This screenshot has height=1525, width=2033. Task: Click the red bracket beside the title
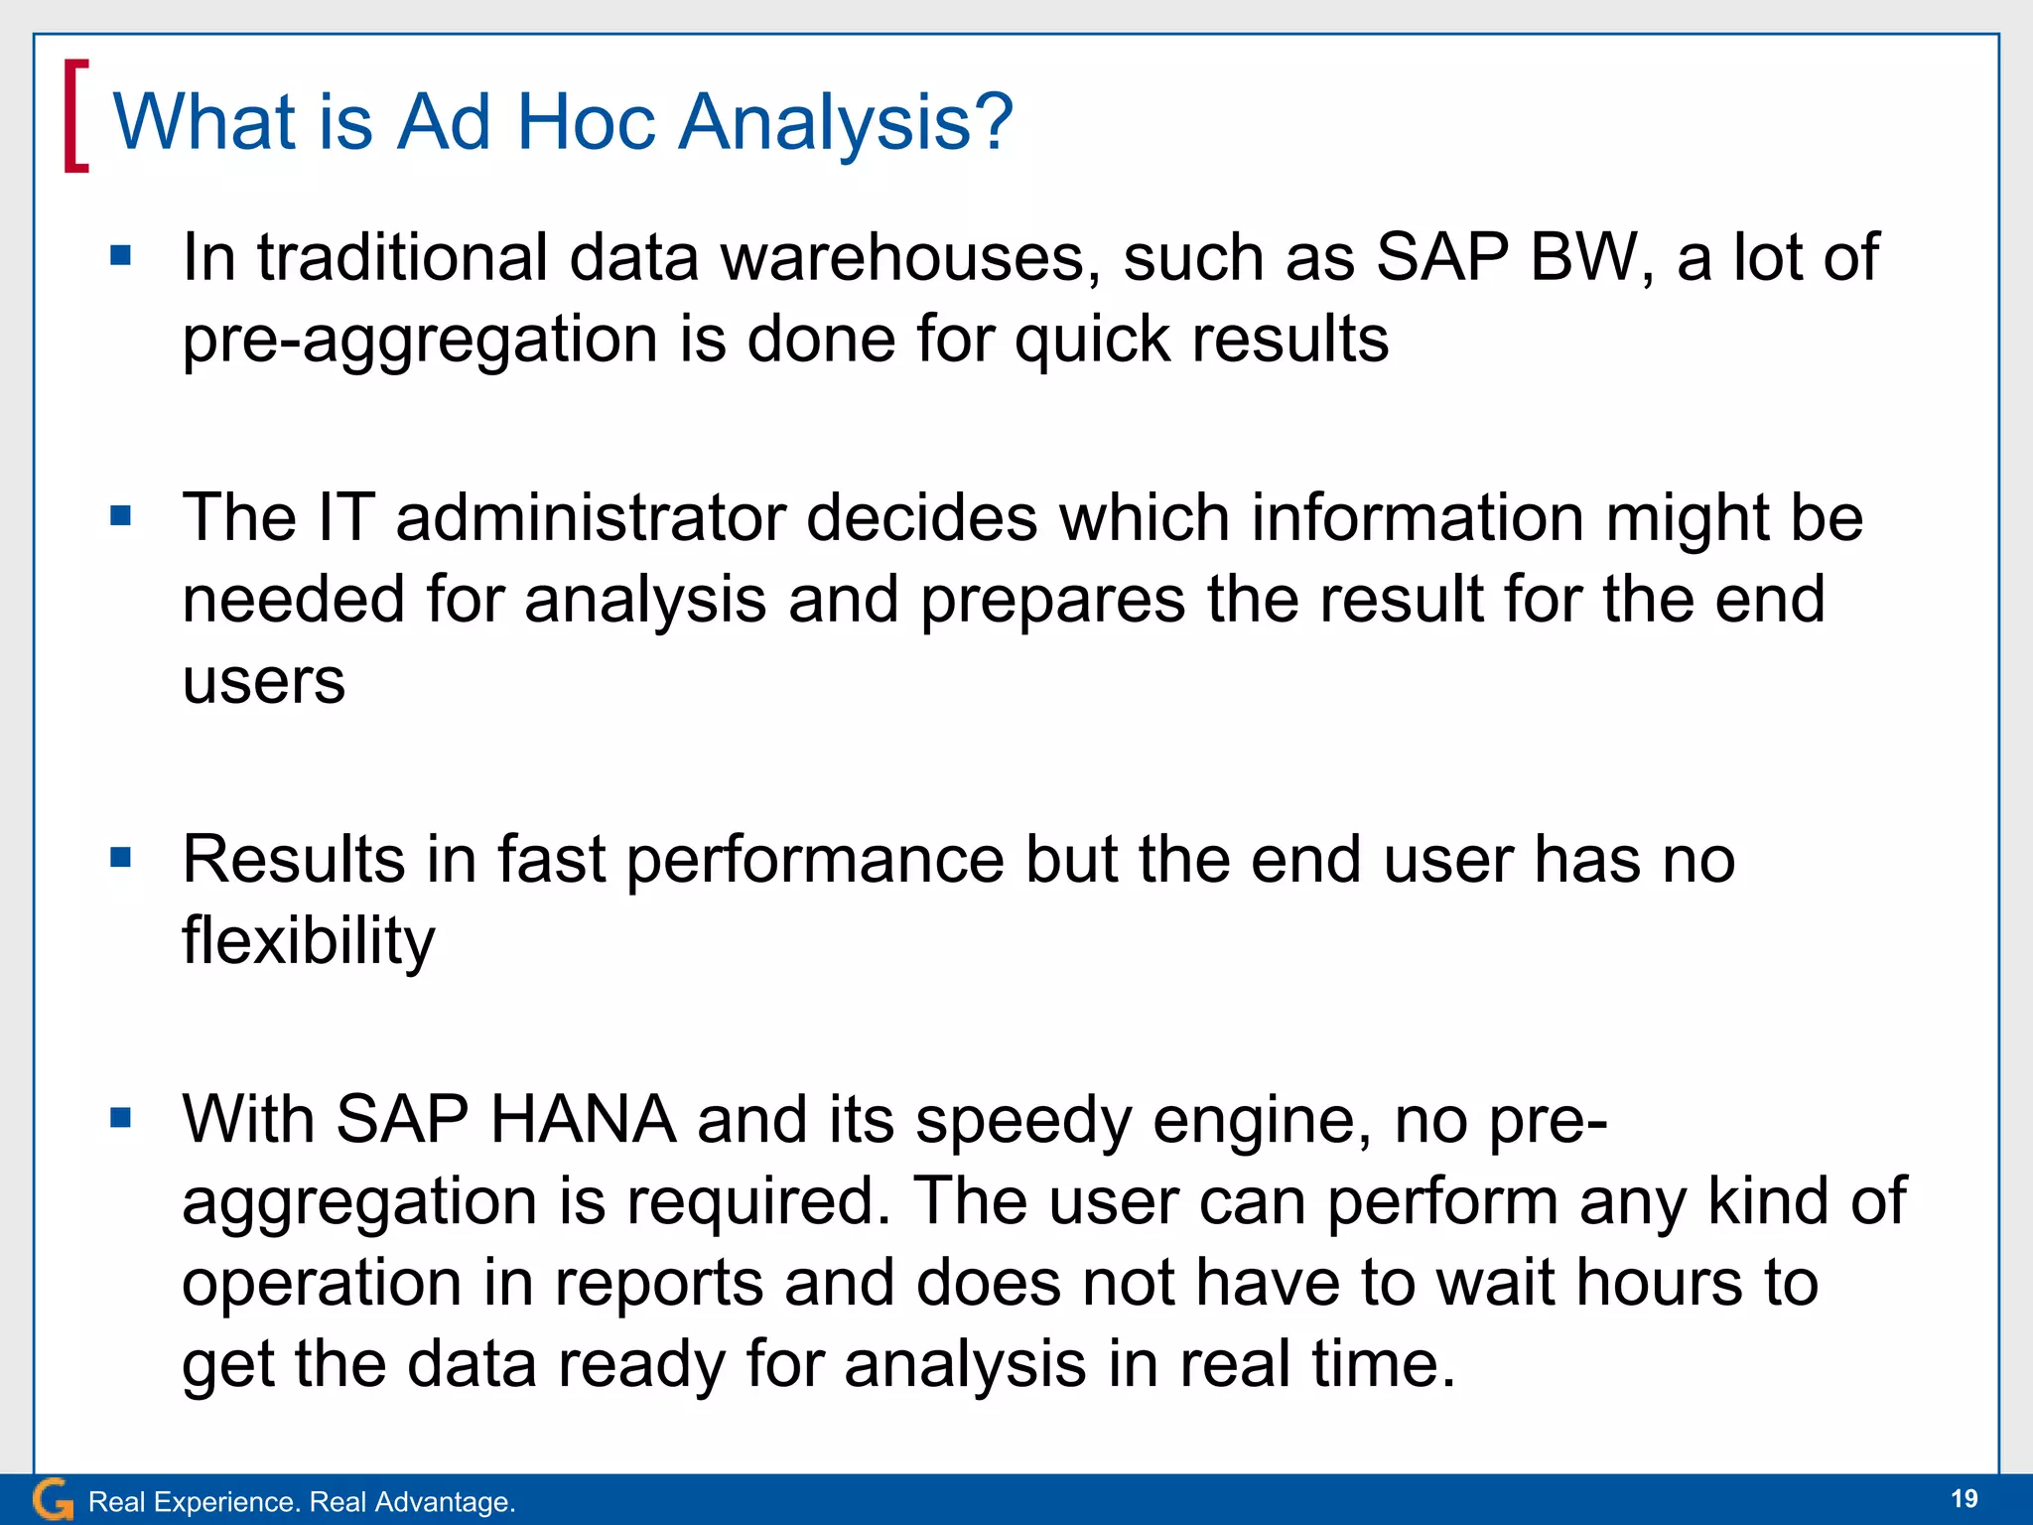75,116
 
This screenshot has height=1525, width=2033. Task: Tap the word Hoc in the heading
585,122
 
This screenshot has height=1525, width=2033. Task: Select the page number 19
1964,1499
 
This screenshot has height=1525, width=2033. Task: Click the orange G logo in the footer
53,1500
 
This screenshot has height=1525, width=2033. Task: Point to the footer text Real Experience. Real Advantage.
302,1502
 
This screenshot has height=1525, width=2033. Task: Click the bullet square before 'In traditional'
121,257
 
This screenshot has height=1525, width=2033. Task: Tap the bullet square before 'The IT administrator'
121,516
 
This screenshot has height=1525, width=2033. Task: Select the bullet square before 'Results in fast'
121,857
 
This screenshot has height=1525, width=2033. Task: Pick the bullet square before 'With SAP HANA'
121,1118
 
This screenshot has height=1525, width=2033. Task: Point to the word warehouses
910,258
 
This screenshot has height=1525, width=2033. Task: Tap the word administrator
591,518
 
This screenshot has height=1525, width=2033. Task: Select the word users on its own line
264,682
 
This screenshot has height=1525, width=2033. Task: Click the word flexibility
308,940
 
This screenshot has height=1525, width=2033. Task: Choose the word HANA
583,1120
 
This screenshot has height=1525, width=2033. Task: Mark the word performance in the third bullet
815,859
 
